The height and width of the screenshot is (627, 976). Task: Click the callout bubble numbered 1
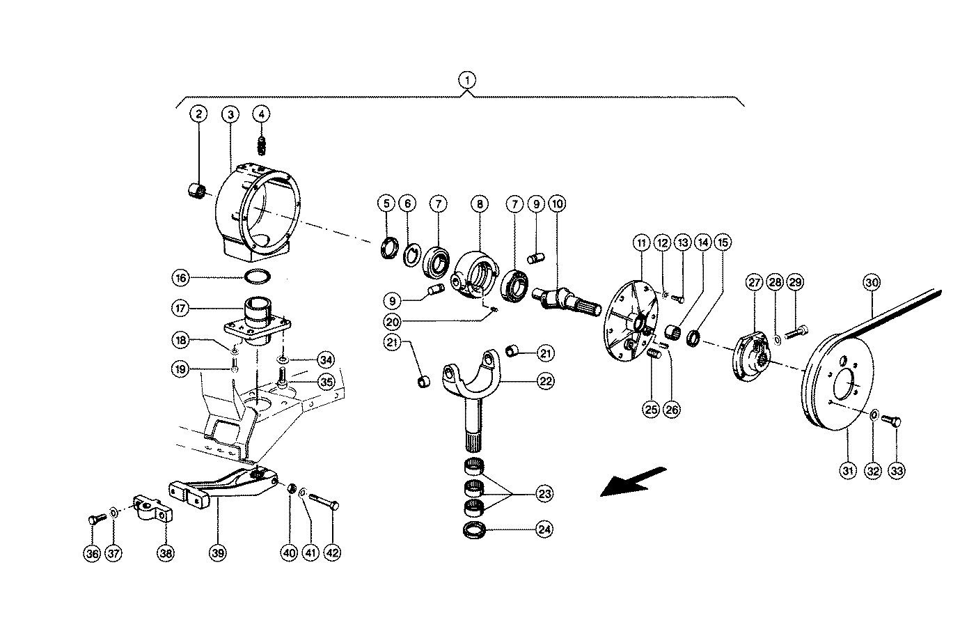tap(469, 80)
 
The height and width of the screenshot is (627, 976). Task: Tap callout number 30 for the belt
tap(872, 283)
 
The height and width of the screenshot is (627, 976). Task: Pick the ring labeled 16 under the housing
tap(258, 277)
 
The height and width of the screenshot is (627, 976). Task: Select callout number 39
tap(218, 553)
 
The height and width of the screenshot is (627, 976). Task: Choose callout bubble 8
tap(479, 204)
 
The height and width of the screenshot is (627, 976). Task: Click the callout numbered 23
tap(544, 494)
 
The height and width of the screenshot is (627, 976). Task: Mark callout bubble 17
tap(181, 307)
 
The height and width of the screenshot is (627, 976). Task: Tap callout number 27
tap(755, 283)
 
